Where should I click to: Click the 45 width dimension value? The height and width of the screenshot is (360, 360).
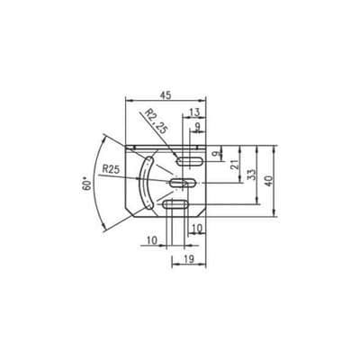[x=165, y=93]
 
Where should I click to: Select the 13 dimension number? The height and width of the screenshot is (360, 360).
[x=195, y=112]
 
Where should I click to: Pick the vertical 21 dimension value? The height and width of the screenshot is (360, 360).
[x=235, y=164]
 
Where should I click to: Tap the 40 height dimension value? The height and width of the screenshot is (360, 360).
[x=271, y=179]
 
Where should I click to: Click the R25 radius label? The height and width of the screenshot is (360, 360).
[x=112, y=168]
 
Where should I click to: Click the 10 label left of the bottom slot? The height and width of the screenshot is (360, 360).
[x=150, y=239]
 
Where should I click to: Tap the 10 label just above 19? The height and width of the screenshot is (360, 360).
[x=196, y=229]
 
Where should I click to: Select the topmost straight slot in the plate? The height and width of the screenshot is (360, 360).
[x=190, y=162]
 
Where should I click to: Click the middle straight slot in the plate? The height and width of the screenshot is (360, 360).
[x=183, y=184]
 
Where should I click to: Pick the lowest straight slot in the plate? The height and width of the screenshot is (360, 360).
[x=175, y=206]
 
